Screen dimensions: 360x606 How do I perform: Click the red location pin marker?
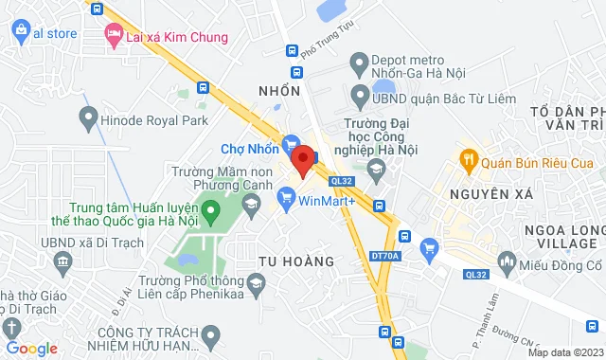[x=302, y=159]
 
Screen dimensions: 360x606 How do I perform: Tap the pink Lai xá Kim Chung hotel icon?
[x=114, y=36]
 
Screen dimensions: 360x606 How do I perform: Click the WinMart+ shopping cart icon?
[x=285, y=199]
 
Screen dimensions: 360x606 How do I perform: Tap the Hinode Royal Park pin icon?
[x=89, y=118]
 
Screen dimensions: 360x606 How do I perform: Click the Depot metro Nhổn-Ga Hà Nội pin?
[x=359, y=64]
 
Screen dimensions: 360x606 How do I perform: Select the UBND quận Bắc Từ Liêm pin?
[x=359, y=96]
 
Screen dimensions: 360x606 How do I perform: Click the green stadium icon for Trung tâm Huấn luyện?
[x=211, y=208]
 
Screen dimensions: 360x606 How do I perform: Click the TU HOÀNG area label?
[x=296, y=260]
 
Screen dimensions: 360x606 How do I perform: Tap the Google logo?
[x=31, y=349]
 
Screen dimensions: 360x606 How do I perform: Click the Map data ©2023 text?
[x=562, y=352]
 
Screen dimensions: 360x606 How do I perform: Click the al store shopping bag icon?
[x=21, y=33]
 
